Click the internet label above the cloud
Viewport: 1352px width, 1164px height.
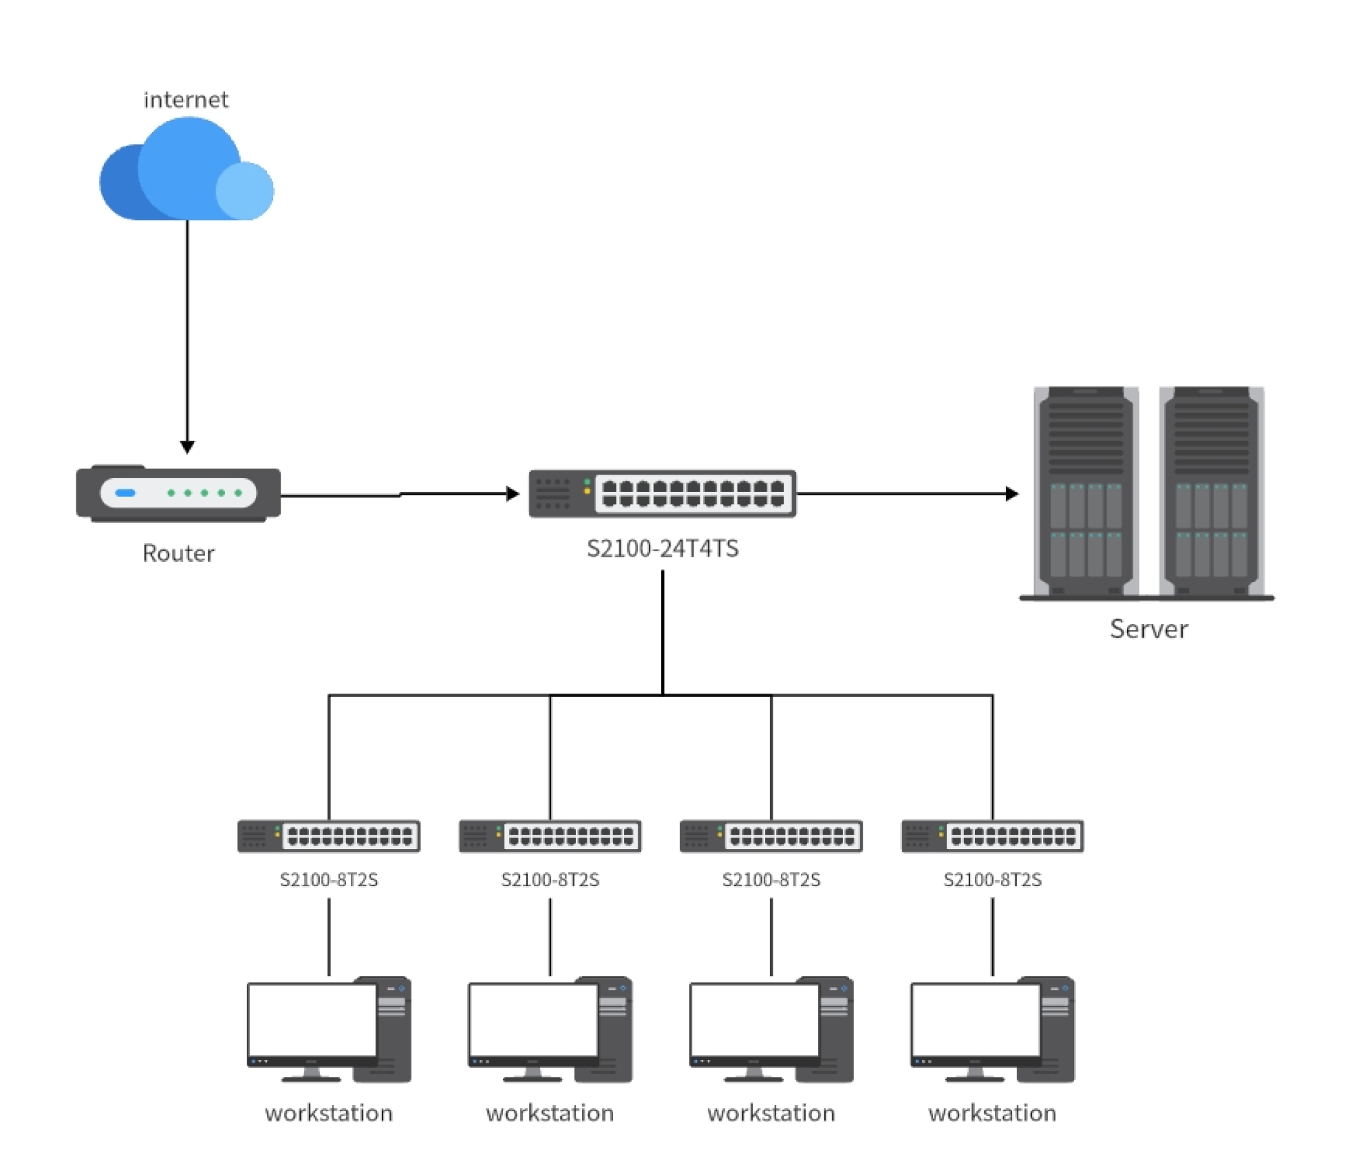click(186, 100)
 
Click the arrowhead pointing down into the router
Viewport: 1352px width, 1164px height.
click(187, 447)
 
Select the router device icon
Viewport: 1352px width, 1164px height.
click(178, 493)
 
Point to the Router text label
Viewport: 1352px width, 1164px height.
click(178, 554)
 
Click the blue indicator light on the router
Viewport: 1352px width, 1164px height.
click(126, 493)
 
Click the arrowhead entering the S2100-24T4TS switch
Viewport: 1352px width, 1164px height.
click(513, 494)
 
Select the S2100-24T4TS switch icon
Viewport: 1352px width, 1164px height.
click(662, 494)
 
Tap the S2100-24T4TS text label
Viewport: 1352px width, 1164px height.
click(662, 548)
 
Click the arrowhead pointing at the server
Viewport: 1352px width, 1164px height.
click(1012, 494)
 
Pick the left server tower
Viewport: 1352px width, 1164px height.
click(1086, 491)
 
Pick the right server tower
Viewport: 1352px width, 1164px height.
click(1211, 491)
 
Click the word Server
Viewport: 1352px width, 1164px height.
click(1149, 629)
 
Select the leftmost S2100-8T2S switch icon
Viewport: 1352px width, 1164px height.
click(329, 836)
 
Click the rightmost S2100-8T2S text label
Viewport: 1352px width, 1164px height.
click(992, 880)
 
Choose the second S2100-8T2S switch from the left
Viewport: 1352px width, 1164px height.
click(550, 836)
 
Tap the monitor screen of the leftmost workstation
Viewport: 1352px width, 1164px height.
click(312, 1021)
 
